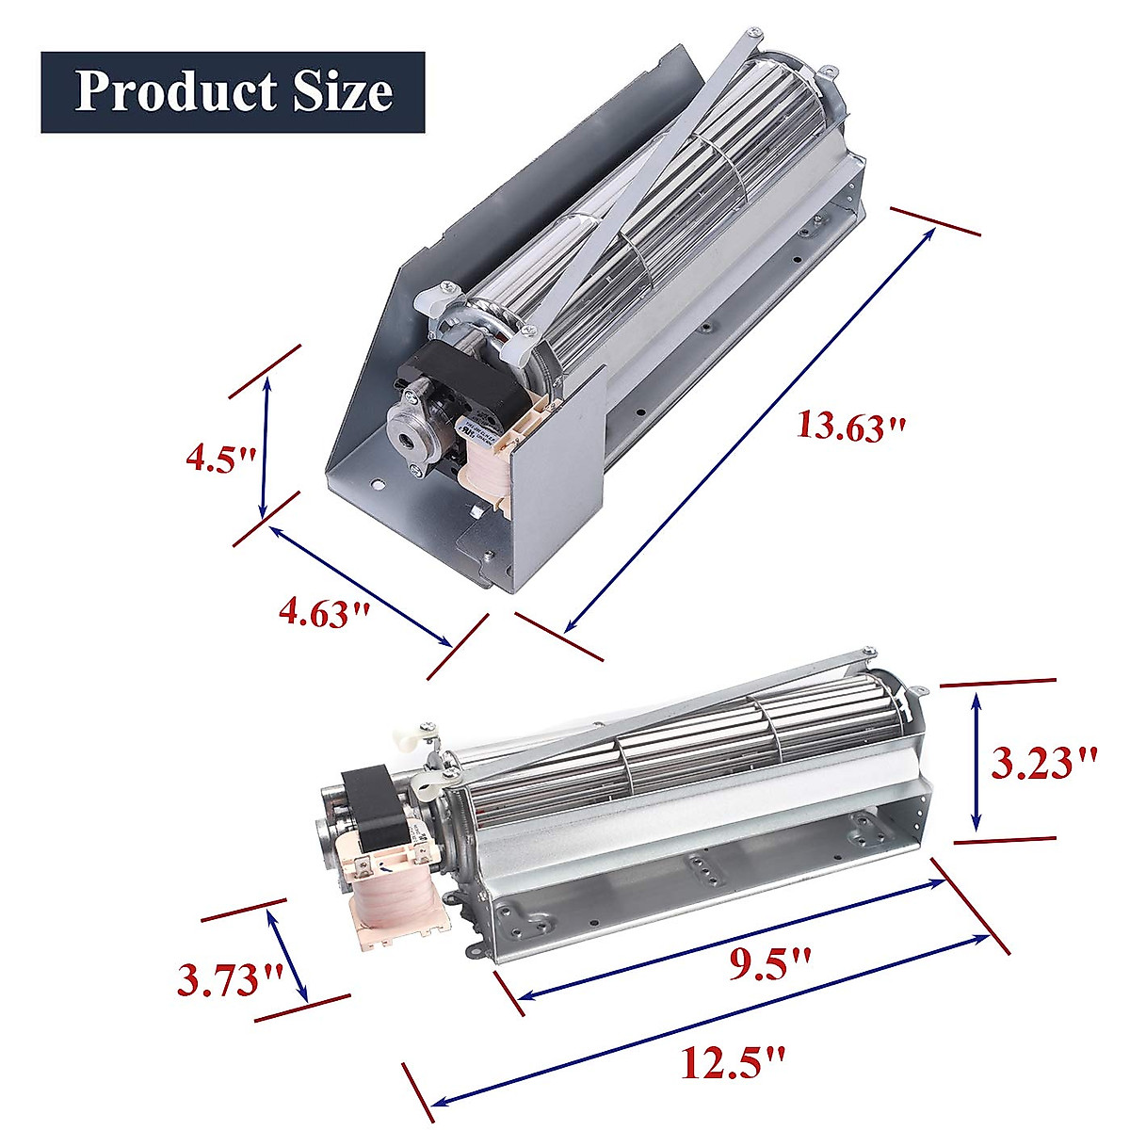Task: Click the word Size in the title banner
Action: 341,91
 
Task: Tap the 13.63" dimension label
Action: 851,426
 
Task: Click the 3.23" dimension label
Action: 1044,762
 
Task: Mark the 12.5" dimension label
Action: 732,1064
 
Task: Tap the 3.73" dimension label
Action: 230,980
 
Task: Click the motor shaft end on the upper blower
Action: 406,440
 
